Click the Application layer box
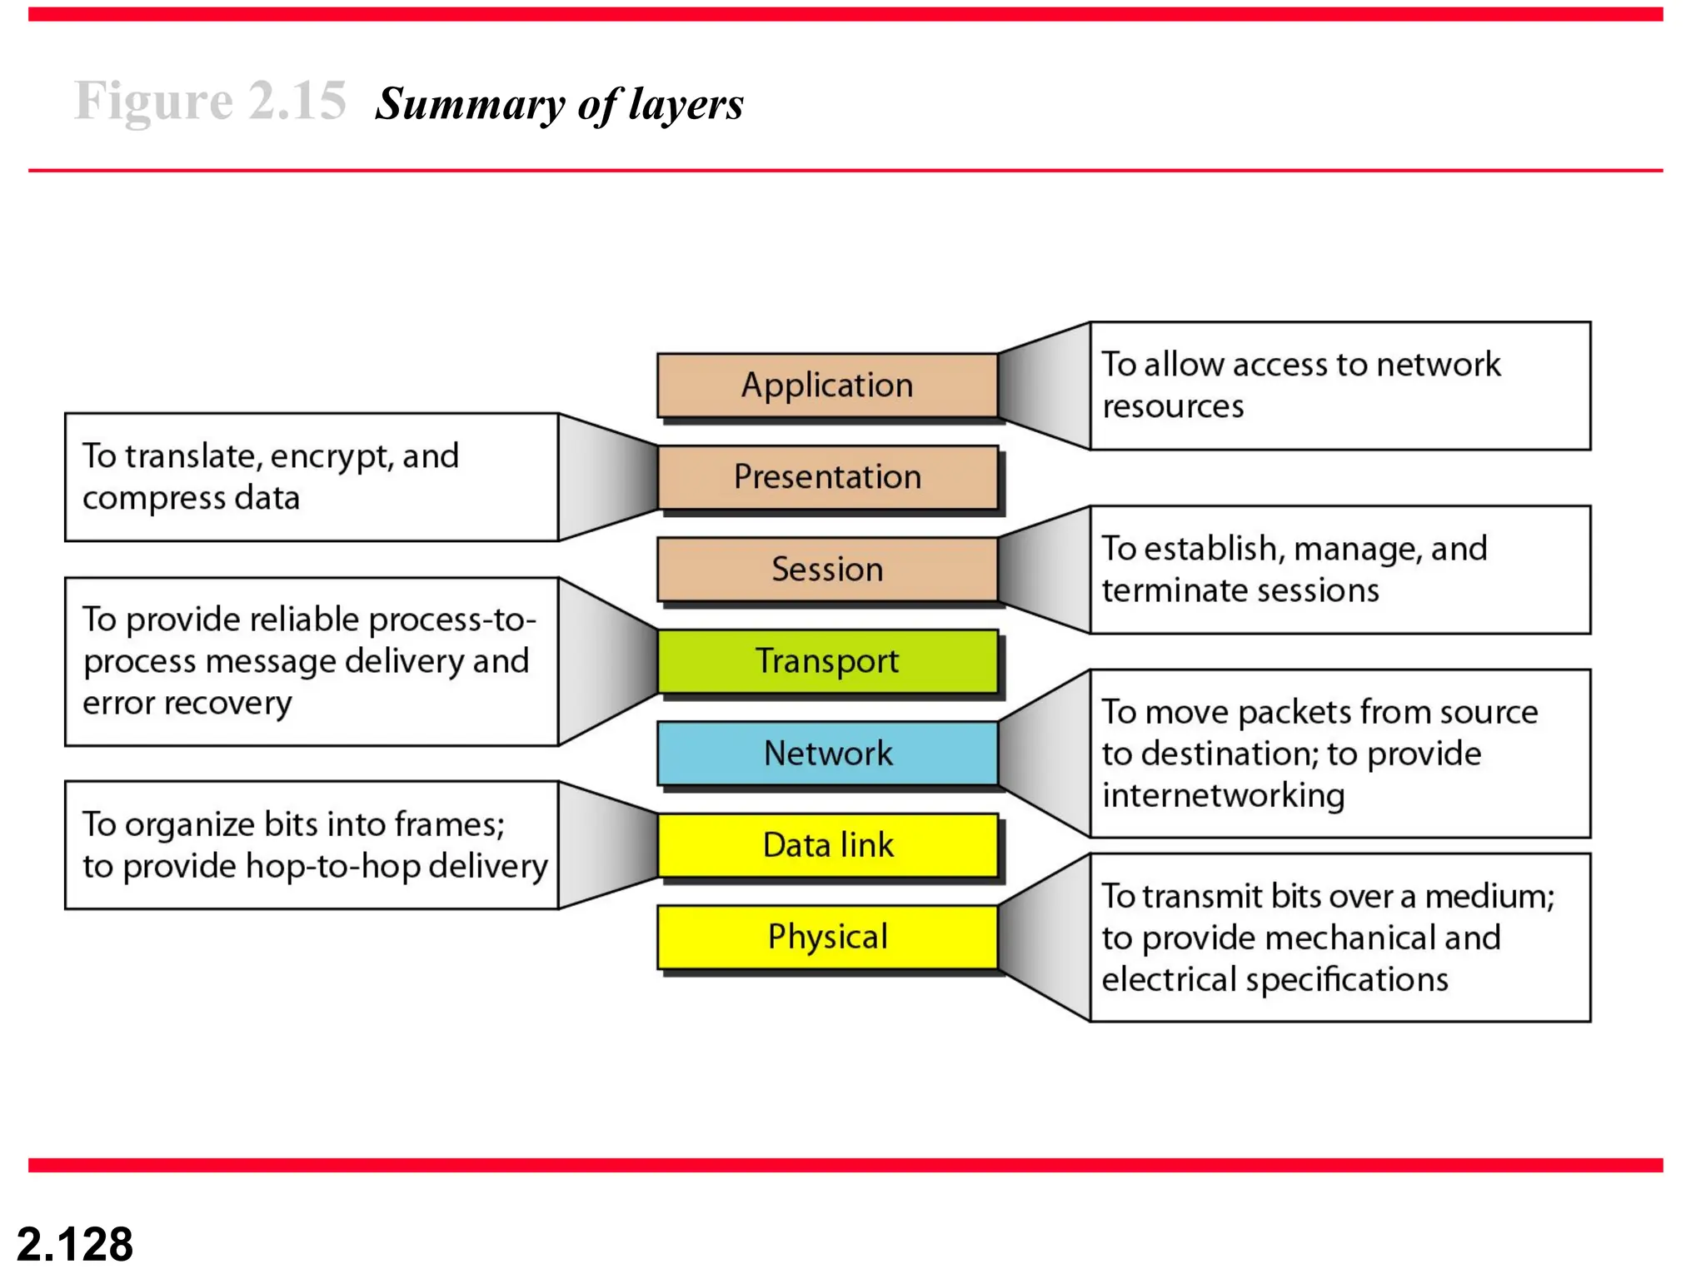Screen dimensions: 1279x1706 (827, 386)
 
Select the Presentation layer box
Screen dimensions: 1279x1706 (827, 477)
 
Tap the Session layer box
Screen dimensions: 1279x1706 (827, 570)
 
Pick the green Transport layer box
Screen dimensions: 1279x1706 (827, 661)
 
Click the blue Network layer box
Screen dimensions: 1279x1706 (827, 754)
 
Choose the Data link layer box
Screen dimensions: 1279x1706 (827, 845)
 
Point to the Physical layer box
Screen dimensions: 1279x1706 (827, 938)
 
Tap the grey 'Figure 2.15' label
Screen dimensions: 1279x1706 (210, 102)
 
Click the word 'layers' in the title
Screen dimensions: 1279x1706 (686, 105)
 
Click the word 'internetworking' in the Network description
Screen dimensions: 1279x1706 (1223, 796)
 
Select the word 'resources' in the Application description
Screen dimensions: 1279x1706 (1173, 407)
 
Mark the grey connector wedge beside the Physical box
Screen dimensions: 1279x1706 (1045, 938)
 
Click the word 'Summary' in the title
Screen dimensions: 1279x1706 (470, 105)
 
